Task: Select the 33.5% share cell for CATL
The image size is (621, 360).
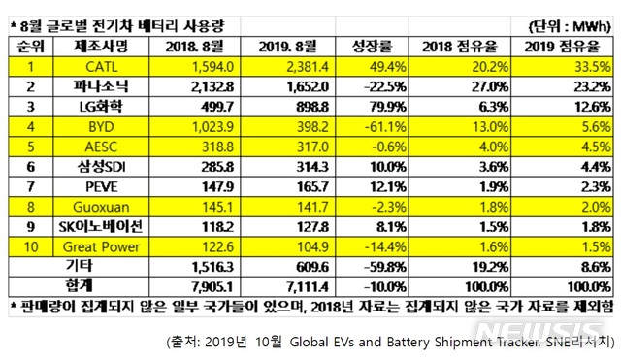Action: [x=564, y=65]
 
